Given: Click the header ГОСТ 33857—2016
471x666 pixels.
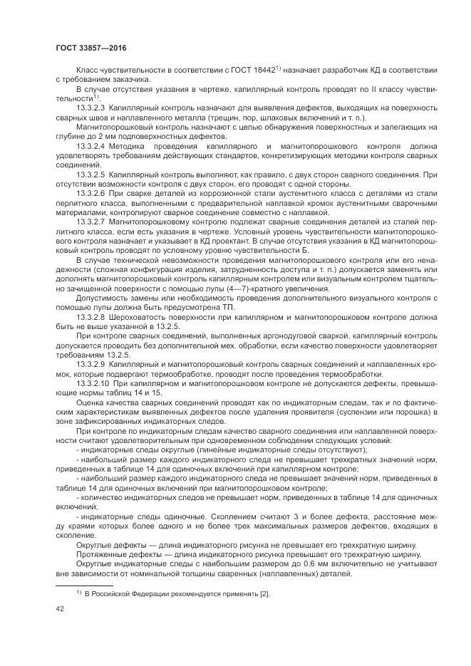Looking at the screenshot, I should pos(87,48).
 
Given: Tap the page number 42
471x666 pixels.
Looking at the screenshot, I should pos(59,610).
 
